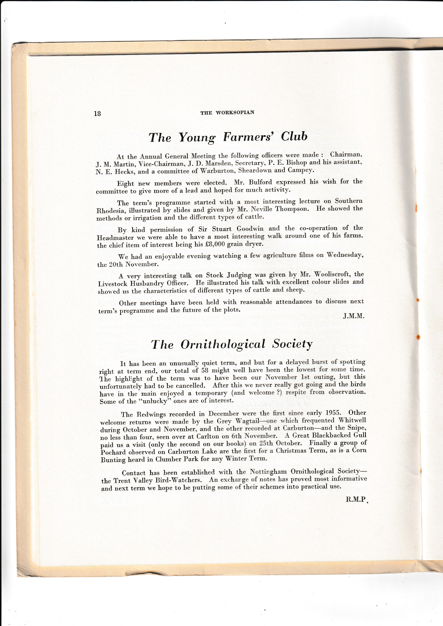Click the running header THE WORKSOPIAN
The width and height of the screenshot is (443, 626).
227,113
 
